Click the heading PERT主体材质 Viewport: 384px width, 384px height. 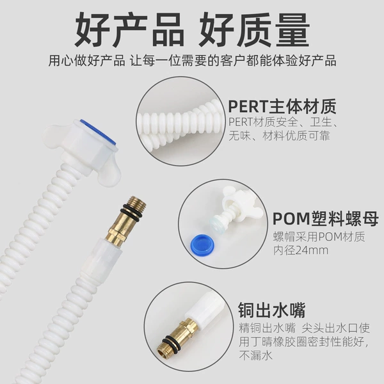(x=282, y=106)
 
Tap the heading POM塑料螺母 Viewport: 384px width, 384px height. (x=326, y=219)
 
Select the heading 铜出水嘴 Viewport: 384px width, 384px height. (x=272, y=310)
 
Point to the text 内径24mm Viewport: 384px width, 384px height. (x=301, y=250)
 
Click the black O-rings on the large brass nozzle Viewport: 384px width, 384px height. (x=131, y=210)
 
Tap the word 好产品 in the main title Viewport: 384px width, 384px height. (x=129, y=29)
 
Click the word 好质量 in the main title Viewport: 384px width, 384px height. (x=254, y=29)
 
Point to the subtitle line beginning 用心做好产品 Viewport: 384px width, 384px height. (x=192, y=61)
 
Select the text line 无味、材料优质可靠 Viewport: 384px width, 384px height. (x=279, y=136)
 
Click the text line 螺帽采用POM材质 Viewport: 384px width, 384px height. (x=319, y=237)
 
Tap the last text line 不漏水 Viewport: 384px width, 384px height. (x=255, y=355)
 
